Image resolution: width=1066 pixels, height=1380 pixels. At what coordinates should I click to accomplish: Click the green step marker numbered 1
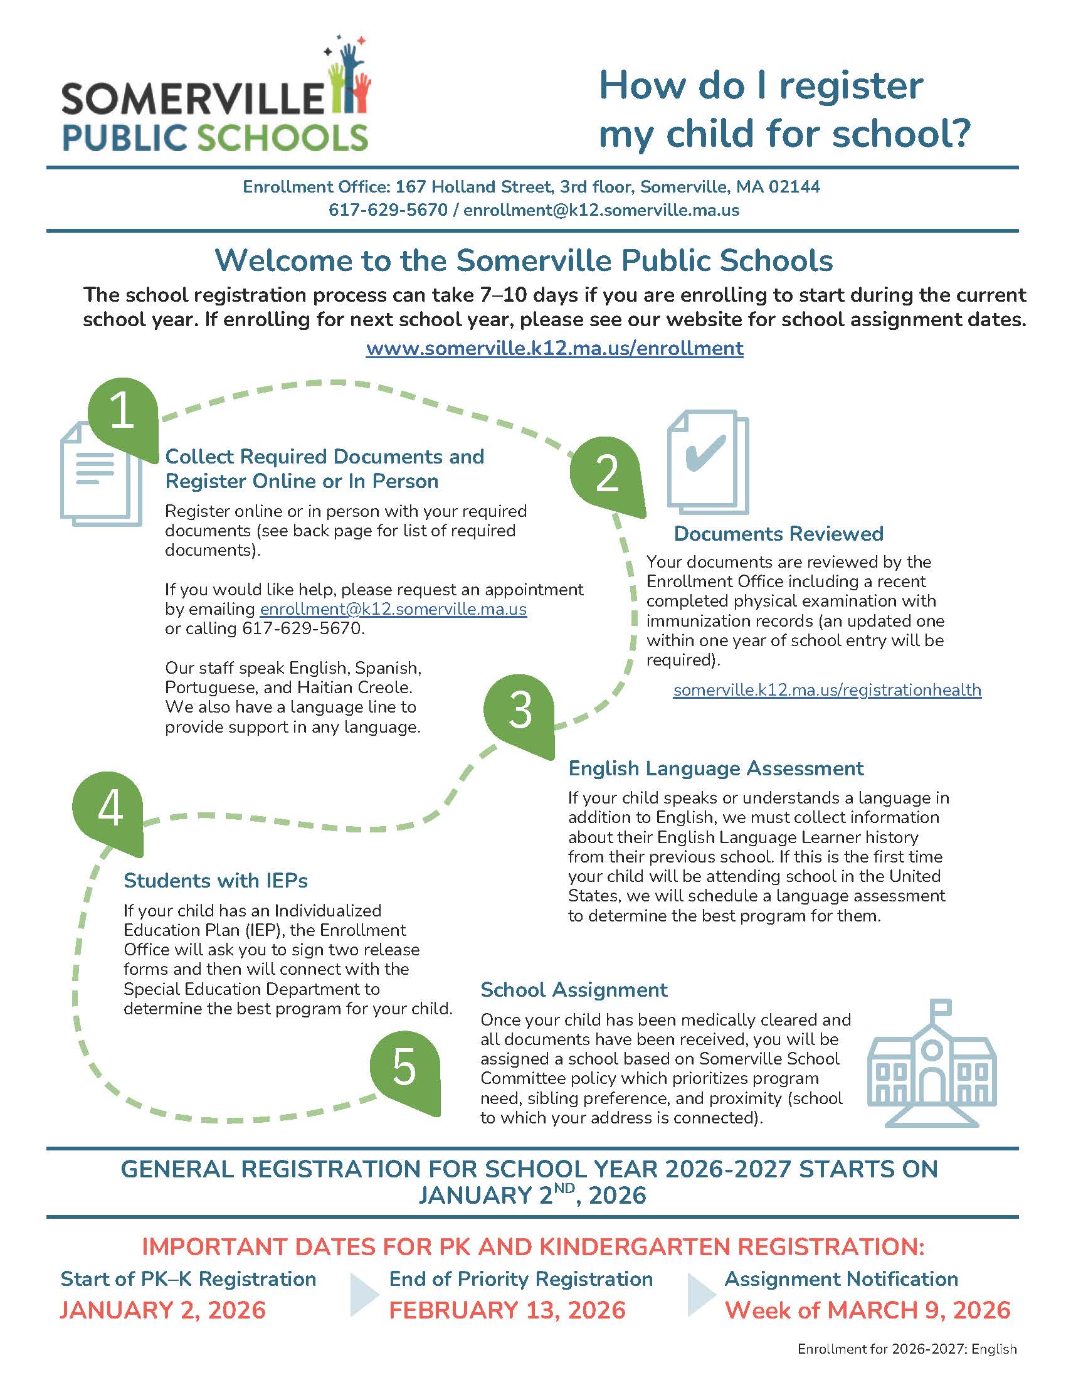click(122, 414)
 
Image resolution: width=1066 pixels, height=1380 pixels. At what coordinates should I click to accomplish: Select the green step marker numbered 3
click(520, 711)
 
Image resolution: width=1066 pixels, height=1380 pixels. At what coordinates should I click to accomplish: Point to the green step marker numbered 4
click(109, 809)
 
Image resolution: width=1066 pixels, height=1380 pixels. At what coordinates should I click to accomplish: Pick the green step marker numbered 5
click(405, 1068)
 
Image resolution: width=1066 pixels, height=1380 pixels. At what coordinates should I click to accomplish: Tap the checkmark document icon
click(708, 462)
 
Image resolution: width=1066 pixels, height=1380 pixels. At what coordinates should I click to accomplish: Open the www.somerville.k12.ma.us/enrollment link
click(554, 348)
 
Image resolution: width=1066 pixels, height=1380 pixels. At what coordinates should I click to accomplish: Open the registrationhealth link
click(827, 689)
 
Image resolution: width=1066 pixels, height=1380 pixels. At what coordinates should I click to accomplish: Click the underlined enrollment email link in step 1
click(393, 609)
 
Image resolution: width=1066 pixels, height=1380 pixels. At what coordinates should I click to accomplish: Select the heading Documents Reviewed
click(778, 534)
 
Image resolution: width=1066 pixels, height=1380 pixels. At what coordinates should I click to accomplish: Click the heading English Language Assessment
click(715, 768)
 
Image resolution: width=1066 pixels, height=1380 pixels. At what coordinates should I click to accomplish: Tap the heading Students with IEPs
click(215, 880)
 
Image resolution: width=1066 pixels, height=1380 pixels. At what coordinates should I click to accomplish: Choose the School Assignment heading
click(573, 989)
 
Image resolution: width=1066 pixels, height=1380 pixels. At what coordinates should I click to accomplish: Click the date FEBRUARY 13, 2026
click(507, 1310)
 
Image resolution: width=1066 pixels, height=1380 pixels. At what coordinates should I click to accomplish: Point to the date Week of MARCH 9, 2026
click(867, 1310)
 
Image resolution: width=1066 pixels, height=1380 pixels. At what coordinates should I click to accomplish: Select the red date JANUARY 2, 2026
click(163, 1310)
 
